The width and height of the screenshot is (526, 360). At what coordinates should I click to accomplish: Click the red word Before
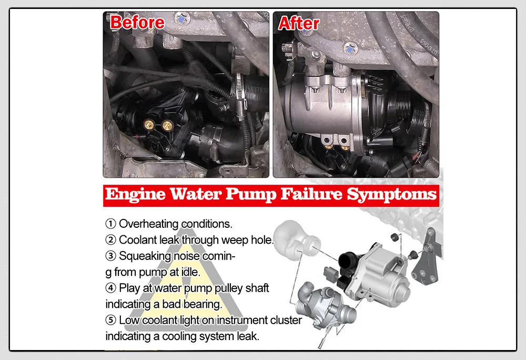pyautogui.click(x=137, y=23)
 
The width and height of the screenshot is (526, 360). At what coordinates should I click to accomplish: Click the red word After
pyautogui.click(x=298, y=23)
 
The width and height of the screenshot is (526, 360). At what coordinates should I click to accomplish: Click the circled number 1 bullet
pyautogui.click(x=111, y=224)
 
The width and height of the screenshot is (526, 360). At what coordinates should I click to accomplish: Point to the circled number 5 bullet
pyautogui.click(x=111, y=320)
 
